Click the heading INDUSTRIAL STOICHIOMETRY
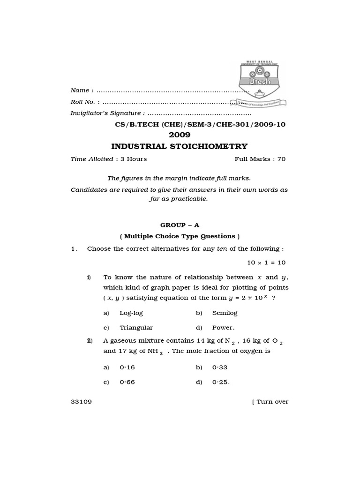pyautogui.click(x=179, y=147)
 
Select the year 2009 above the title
pyautogui.click(x=180, y=135)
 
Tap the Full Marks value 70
pyautogui.click(x=281, y=159)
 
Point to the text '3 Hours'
pyautogui.click(x=134, y=159)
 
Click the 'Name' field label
pyautogui.click(x=80, y=90)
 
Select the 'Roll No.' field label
pyautogui.click(x=82, y=102)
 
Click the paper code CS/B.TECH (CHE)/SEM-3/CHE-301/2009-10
pyautogui.click(x=200, y=125)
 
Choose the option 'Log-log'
pyautogui.click(x=131, y=313)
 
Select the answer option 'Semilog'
pyautogui.click(x=225, y=313)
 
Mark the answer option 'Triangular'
pyautogui.click(x=136, y=328)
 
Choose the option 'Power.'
pyautogui.click(x=223, y=328)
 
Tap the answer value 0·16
pyautogui.click(x=127, y=367)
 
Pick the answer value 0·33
pyautogui.click(x=220, y=367)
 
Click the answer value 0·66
pyautogui.click(x=127, y=382)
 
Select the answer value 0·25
pyautogui.click(x=221, y=382)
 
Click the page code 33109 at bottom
pyautogui.click(x=81, y=402)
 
